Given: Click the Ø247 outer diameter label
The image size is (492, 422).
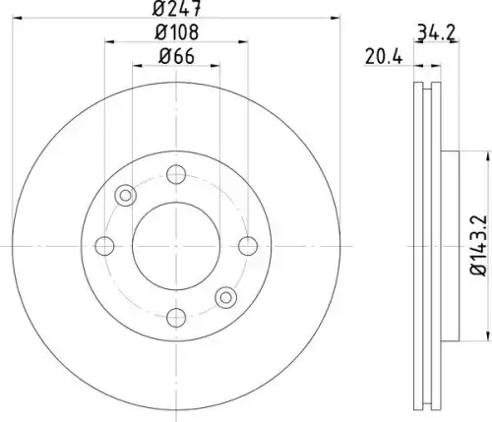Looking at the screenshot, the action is pos(176,9).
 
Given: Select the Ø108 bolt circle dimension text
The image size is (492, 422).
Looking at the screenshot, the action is pos(176,32).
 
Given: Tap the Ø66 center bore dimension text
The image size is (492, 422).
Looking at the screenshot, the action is pos(176,56).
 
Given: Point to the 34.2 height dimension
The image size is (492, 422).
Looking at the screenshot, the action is pos(436,32).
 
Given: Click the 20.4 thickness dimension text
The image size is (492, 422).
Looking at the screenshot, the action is pos(384,57).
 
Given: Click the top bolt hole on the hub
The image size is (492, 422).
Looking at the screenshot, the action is pos(176,174).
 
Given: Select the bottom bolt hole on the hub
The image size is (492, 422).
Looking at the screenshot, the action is pos(176,318).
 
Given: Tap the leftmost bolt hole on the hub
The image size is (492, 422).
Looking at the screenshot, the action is pos(104,246).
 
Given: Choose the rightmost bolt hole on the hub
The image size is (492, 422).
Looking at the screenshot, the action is pos(248,246).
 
